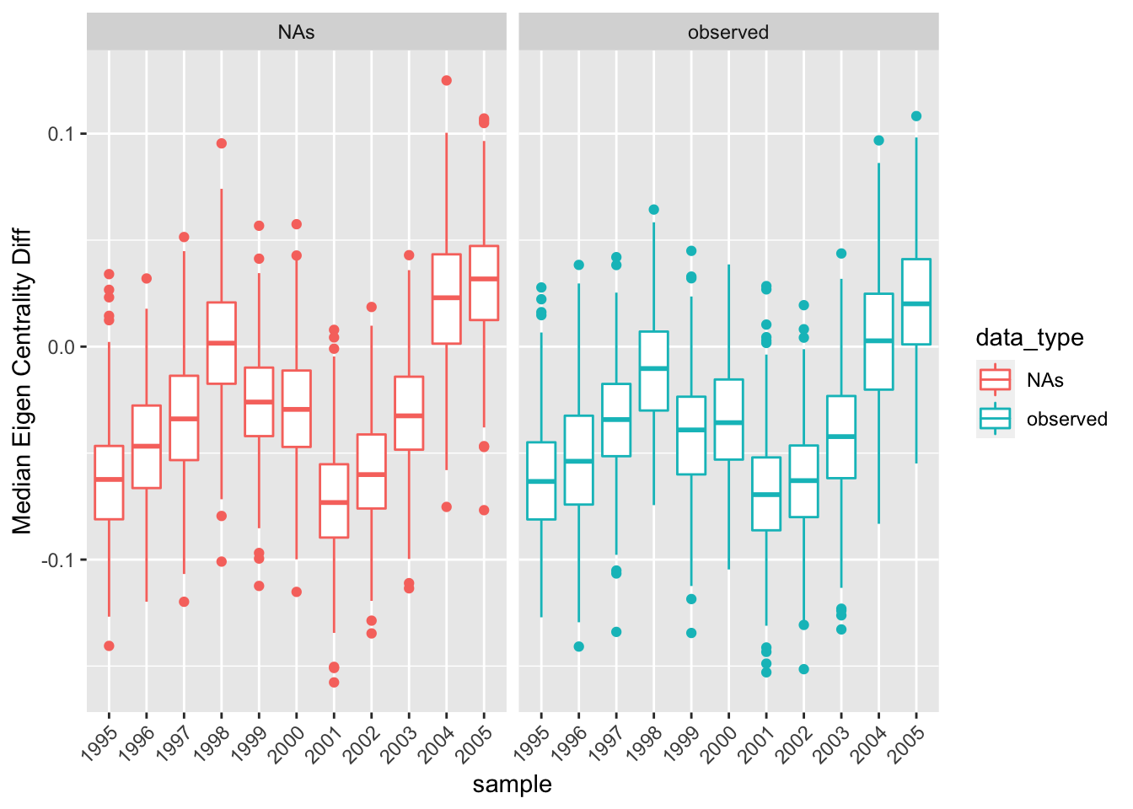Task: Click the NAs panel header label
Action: tap(296, 32)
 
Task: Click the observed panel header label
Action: tap(728, 32)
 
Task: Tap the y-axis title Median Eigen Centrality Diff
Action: tap(22, 381)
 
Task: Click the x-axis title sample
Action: tap(512, 785)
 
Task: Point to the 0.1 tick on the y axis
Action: tap(60, 134)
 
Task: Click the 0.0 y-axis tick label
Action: tap(60, 347)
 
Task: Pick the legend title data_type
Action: tap(1029, 338)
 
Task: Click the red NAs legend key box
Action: tap(996, 380)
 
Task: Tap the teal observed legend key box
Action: tap(996, 419)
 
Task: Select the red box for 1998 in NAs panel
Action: tap(222, 343)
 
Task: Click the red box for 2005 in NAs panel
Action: tap(484, 283)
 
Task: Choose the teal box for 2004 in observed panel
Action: tap(878, 341)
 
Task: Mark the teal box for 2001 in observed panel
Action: tap(766, 494)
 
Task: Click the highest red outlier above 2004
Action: tap(447, 81)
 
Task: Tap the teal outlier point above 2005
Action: tap(916, 116)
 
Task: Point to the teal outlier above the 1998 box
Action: tap(653, 210)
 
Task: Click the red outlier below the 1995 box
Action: tap(109, 646)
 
